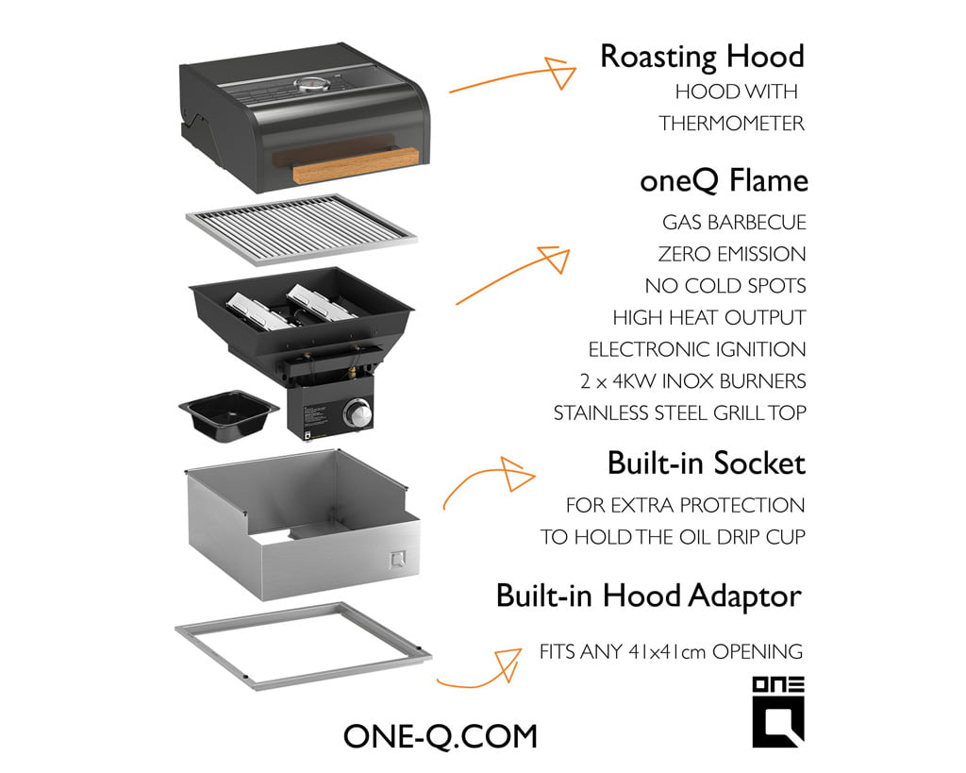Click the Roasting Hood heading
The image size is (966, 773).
coord(702,57)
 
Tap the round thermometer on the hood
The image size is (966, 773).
coord(311,84)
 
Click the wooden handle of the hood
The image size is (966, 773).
coord(356,165)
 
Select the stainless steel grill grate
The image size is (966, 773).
coord(301,228)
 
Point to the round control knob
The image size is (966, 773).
coord(357,413)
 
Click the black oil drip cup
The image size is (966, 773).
coord(228,415)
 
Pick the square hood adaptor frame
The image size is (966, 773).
coord(303,646)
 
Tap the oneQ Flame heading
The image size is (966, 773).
coord(724,181)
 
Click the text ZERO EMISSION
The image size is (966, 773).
coord(732,254)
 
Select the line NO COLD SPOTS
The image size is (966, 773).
coord(725,286)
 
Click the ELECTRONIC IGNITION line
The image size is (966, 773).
coord(697,349)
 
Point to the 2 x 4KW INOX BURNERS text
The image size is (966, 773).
coord(693,381)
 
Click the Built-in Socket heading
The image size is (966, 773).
coord(707,462)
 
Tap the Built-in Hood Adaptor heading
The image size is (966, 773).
coord(649,597)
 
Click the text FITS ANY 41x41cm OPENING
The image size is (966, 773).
coord(671,651)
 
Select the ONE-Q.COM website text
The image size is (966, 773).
coord(441,736)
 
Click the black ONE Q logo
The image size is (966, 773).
coord(778,712)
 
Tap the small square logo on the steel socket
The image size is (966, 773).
coord(398,559)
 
